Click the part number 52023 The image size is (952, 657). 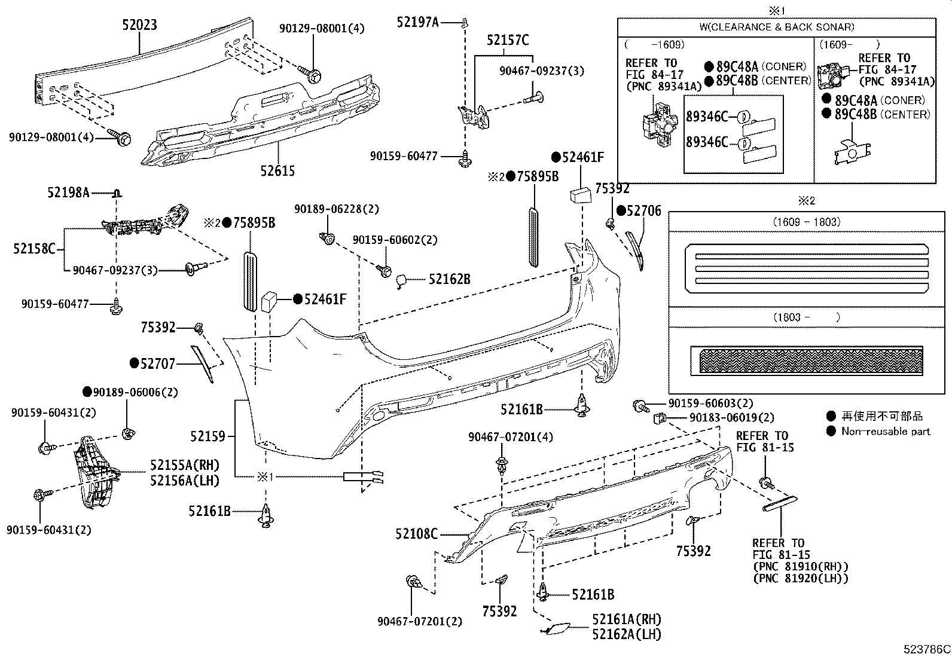pos(139,25)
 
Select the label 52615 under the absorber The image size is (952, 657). pos(277,171)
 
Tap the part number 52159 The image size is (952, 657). pos(208,436)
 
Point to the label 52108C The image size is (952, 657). pos(416,534)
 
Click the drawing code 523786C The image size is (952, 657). pos(927,649)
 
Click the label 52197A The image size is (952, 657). pos(417,22)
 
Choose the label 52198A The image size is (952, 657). pos(68,192)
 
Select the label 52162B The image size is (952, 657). pos(450,279)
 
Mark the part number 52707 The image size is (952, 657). pos(158,363)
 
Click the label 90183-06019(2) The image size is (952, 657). pos(731,418)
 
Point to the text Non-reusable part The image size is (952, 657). pos(886,431)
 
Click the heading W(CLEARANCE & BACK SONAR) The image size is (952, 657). pos(776,27)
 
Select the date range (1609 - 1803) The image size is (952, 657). pos(806,222)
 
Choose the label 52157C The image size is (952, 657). pos(508,40)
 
